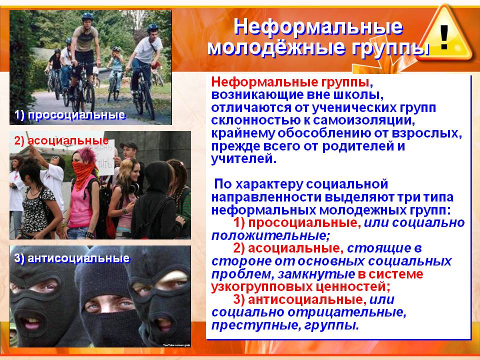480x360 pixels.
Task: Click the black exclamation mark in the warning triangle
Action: (444, 37)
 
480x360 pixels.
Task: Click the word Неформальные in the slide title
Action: (318, 26)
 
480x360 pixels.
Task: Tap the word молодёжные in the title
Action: (276, 47)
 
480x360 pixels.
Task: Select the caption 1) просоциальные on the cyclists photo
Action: (70, 115)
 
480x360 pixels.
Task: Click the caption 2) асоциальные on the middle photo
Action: (61, 140)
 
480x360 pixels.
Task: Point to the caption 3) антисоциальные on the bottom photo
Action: (72, 258)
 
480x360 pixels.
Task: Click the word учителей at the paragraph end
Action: (243, 158)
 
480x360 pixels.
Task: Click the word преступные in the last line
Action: (256, 325)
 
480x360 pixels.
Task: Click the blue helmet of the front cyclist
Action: (87, 16)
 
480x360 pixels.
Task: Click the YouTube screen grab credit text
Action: (176, 345)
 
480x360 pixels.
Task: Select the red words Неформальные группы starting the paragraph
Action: (290, 82)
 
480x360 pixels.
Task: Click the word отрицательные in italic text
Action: (346, 312)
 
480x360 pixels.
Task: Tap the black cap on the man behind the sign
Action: (128, 145)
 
